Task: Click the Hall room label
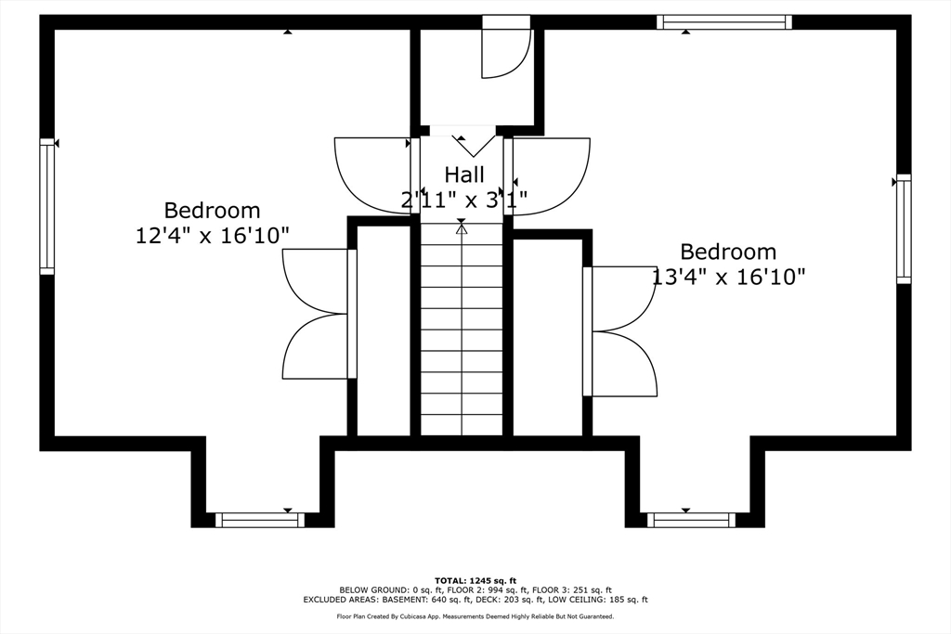click(464, 175)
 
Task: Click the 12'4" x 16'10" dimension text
click(212, 236)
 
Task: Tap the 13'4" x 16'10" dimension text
click(728, 277)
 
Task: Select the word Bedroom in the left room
click(213, 211)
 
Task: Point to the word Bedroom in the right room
click(728, 252)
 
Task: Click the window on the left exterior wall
click(47, 206)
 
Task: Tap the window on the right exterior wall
click(904, 228)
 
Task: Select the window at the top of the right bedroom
click(724, 22)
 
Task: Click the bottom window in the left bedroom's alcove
click(260, 520)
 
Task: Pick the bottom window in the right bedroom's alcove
click(691, 520)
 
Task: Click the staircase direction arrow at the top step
click(462, 228)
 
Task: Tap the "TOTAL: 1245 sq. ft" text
click(475, 581)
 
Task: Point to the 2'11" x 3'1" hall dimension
click(464, 199)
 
